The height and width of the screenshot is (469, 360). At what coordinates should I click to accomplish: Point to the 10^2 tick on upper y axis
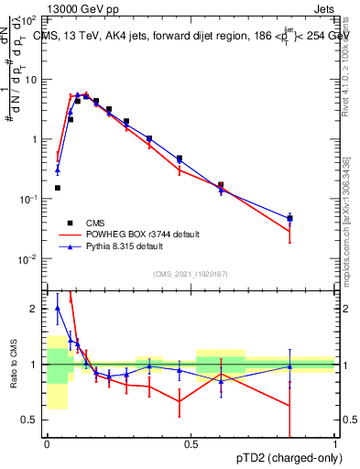click(x=31, y=20)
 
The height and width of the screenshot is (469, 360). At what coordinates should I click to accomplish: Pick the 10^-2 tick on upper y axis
click(x=31, y=259)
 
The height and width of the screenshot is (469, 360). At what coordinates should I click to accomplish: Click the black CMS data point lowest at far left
click(x=57, y=188)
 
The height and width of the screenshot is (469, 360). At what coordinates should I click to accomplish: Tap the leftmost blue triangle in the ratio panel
click(x=57, y=309)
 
